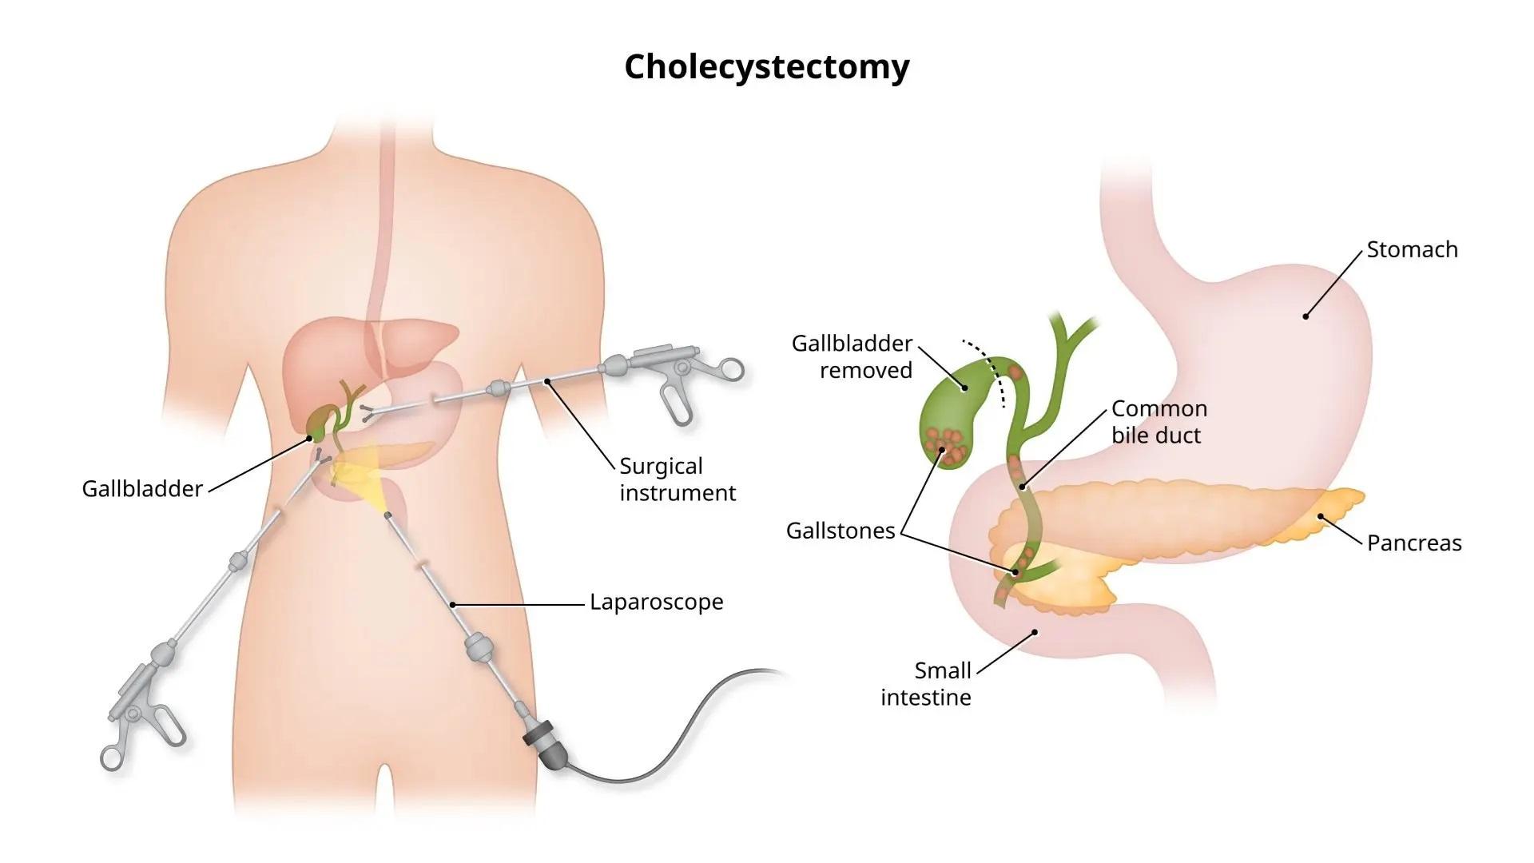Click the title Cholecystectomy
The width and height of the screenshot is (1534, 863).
(x=766, y=67)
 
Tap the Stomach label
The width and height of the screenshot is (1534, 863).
(x=1412, y=249)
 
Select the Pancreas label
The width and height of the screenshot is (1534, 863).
(x=1413, y=543)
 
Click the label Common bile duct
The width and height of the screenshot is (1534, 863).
(x=1158, y=422)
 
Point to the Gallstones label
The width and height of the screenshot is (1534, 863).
(x=840, y=531)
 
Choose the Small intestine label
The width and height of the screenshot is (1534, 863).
(x=926, y=683)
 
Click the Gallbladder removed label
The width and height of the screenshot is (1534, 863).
(x=852, y=356)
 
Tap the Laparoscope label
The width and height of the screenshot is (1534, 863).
(x=656, y=602)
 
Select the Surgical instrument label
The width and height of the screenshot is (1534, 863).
(x=677, y=479)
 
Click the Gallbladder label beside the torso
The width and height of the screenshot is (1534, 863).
(x=142, y=488)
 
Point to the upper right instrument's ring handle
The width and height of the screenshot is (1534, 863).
(x=729, y=370)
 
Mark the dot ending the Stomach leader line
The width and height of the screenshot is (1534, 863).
(x=1305, y=316)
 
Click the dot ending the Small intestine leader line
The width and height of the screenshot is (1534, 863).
(x=1035, y=632)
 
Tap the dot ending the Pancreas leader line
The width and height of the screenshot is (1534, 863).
(x=1319, y=517)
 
